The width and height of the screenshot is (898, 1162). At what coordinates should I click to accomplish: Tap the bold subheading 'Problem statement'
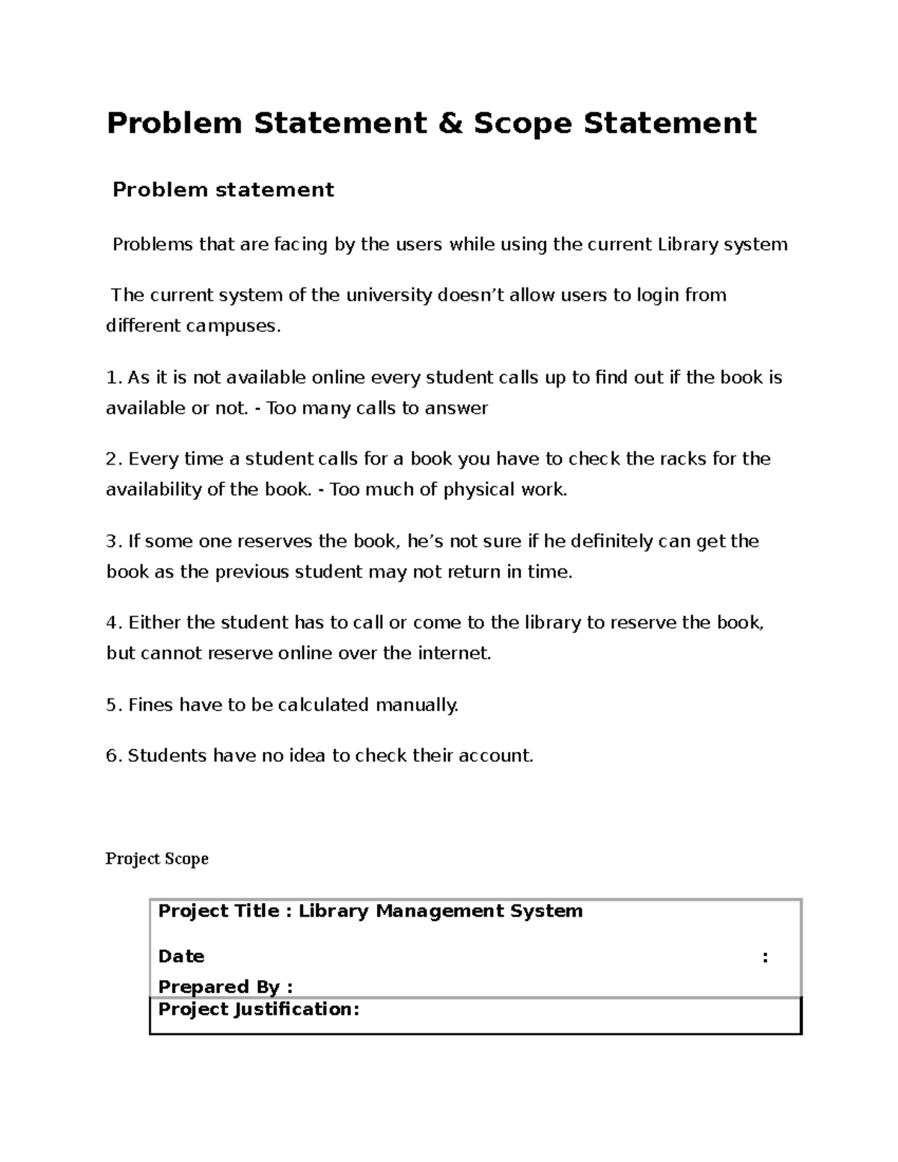coord(223,190)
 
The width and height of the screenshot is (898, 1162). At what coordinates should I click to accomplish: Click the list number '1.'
coord(114,378)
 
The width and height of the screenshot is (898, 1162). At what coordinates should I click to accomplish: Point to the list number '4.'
coord(114,623)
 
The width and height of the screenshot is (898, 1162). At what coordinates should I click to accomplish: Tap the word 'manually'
coord(416,705)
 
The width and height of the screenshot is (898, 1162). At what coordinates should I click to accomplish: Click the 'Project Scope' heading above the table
coord(157,858)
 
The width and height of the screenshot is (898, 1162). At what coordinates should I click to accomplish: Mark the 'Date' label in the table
coord(181,957)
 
